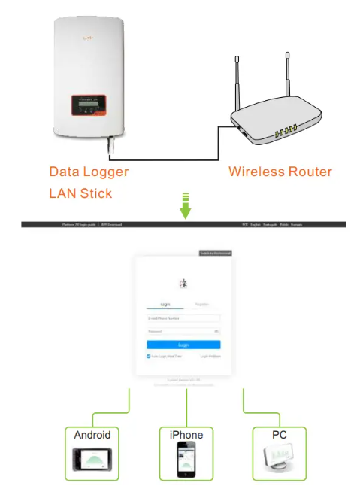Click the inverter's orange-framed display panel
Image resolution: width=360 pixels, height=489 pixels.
click(89, 106)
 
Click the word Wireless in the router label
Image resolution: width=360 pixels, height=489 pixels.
click(254, 172)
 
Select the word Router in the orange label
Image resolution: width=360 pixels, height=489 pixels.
click(309, 172)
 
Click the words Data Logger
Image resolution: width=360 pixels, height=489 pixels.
click(89, 172)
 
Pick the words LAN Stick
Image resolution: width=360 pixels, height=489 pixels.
click(80, 193)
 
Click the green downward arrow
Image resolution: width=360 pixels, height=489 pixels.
click(185, 208)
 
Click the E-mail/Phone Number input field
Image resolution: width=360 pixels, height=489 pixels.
click(183, 318)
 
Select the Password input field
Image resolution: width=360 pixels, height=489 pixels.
click(183, 331)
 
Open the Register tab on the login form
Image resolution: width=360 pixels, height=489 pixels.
click(201, 304)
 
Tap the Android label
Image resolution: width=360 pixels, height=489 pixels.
click(92, 435)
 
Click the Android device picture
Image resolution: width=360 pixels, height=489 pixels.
click(92, 460)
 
